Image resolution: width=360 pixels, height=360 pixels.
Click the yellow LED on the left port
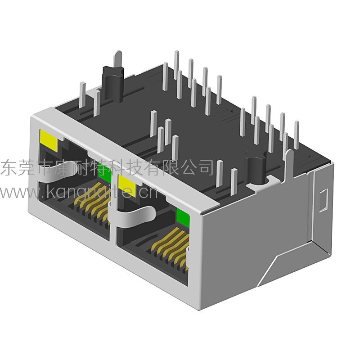pyautogui.click(x=49, y=140)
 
